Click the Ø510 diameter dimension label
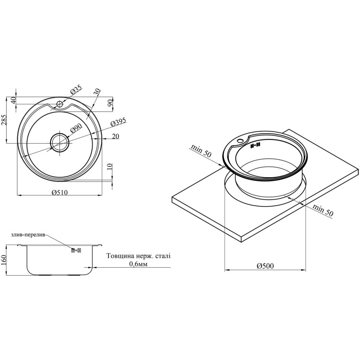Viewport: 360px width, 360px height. pos(59,193)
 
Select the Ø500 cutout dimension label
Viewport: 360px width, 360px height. pos(265,266)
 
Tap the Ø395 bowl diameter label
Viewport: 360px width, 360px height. pos(118,122)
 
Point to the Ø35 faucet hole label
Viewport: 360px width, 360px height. pos(76,89)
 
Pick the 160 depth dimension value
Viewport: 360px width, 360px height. pos(4,260)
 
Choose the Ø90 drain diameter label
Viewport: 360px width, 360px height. pos(76,127)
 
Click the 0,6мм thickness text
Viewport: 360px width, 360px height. pos(138,264)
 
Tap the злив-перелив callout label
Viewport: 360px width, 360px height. pos(28,235)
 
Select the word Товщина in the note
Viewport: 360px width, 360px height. pos(117,256)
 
